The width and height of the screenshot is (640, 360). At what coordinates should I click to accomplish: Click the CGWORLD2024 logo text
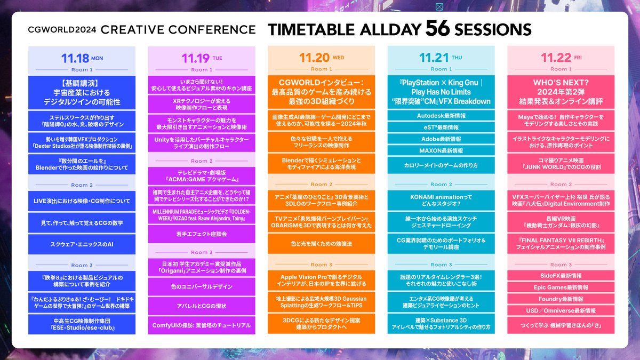(x=62, y=29)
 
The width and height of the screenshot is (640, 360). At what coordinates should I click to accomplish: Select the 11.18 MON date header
(x=82, y=57)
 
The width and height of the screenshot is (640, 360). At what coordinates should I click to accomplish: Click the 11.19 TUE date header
(x=202, y=57)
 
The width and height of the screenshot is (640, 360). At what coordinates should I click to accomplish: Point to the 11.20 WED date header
(x=322, y=57)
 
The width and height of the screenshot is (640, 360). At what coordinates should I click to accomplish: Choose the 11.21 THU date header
(x=441, y=57)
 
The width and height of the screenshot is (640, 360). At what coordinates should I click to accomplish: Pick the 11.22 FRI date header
(x=561, y=57)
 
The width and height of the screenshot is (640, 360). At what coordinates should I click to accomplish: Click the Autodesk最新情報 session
(x=441, y=115)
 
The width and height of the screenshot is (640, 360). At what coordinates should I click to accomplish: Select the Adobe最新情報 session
(x=441, y=139)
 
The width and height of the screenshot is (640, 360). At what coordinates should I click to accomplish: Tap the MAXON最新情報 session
(x=441, y=150)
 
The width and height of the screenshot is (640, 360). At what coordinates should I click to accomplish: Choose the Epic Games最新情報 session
(x=561, y=287)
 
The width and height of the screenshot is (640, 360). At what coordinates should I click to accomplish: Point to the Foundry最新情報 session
(x=561, y=299)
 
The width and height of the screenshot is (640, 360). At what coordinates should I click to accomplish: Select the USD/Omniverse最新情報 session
(x=561, y=310)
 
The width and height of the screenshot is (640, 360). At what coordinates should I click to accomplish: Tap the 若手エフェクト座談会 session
(x=202, y=234)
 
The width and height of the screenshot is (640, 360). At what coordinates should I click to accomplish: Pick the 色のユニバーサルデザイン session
(x=202, y=287)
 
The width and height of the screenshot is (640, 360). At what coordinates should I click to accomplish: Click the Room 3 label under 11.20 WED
(x=322, y=265)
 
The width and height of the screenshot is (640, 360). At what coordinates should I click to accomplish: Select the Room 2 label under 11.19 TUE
(x=202, y=161)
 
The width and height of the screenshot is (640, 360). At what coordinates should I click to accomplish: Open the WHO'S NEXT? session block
(x=561, y=92)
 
